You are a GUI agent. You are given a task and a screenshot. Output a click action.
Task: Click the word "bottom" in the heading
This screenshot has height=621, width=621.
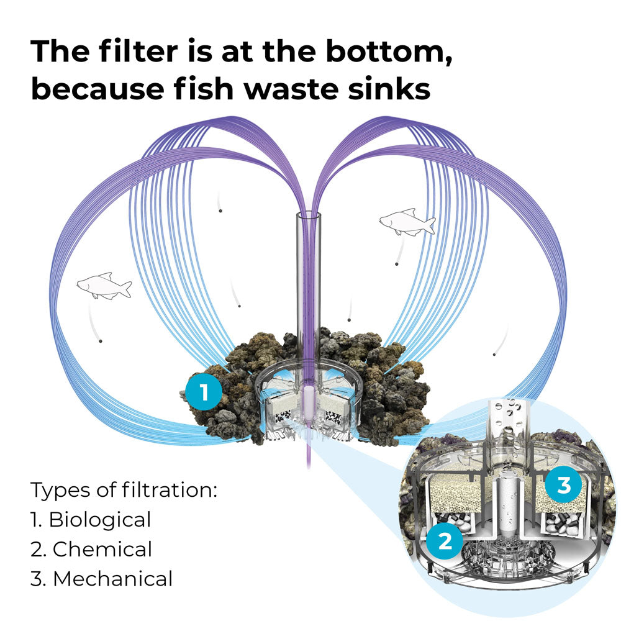point(389,52)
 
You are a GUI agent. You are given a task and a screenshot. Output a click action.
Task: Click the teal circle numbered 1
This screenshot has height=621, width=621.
point(204,392)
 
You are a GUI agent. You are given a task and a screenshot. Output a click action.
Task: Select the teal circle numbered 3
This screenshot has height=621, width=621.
point(563,485)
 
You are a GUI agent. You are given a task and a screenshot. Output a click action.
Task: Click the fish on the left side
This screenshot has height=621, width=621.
point(104,286)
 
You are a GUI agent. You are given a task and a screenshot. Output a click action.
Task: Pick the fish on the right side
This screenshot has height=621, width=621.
point(407,222)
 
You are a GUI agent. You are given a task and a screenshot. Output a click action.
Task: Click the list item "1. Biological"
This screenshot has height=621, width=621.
point(91,519)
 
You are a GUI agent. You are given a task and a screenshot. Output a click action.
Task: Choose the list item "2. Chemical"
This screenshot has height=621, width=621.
point(91,549)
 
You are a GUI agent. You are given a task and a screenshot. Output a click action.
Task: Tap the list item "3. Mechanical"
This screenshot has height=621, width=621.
point(101,578)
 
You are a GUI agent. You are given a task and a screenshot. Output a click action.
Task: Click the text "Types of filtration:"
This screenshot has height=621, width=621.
point(124,489)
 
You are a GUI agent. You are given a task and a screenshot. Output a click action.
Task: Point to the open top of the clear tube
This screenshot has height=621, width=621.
point(309,216)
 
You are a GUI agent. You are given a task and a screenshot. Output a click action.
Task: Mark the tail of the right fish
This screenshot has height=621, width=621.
point(429,225)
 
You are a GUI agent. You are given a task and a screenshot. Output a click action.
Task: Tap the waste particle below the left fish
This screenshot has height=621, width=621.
point(100,340)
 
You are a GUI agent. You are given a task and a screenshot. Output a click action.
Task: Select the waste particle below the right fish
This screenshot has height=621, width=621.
point(396,264)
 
